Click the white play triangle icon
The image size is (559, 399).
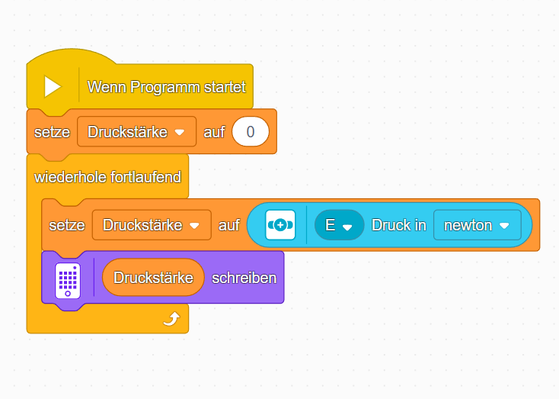[52, 86]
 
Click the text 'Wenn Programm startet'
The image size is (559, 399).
[166, 87]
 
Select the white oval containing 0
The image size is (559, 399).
[251, 132]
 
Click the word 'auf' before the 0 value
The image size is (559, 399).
[214, 132]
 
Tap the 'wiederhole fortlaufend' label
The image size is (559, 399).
[107, 177]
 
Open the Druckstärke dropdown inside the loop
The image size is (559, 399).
[152, 225]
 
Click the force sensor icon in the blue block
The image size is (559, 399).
[280, 225]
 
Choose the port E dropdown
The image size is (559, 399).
[339, 225]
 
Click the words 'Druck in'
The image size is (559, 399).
[398, 225]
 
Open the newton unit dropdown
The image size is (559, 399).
[477, 225]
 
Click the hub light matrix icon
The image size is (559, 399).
[68, 278]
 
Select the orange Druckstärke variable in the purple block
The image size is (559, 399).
[153, 278]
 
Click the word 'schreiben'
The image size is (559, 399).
[244, 278]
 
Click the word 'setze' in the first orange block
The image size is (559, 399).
[52, 132]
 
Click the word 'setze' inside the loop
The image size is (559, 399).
[67, 225]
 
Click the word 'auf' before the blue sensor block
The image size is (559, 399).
[229, 225]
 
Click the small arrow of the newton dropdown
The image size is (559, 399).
[503, 226]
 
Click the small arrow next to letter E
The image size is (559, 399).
[348, 227]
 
